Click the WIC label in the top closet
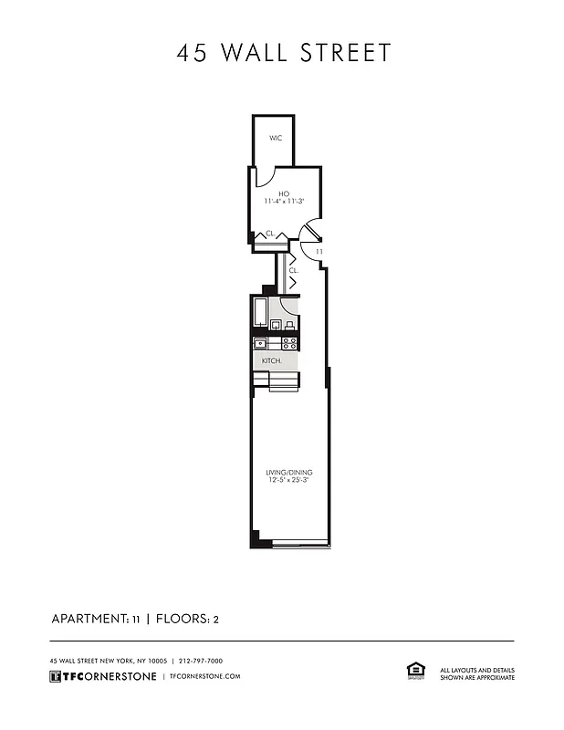(x=275, y=138)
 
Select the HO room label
(x=284, y=193)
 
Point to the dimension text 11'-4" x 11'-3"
(x=284, y=201)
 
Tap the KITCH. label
(x=272, y=361)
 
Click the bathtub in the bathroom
(x=259, y=313)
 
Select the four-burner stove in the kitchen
(x=289, y=343)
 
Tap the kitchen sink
(x=260, y=343)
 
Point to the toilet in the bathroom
(x=289, y=324)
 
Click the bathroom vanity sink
(x=275, y=324)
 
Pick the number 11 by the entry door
(x=319, y=251)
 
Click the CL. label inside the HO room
(x=270, y=234)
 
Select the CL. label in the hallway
(x=293, y=270)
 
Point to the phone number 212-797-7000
(x=201, y=661)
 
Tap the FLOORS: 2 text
(x=187, y=619)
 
